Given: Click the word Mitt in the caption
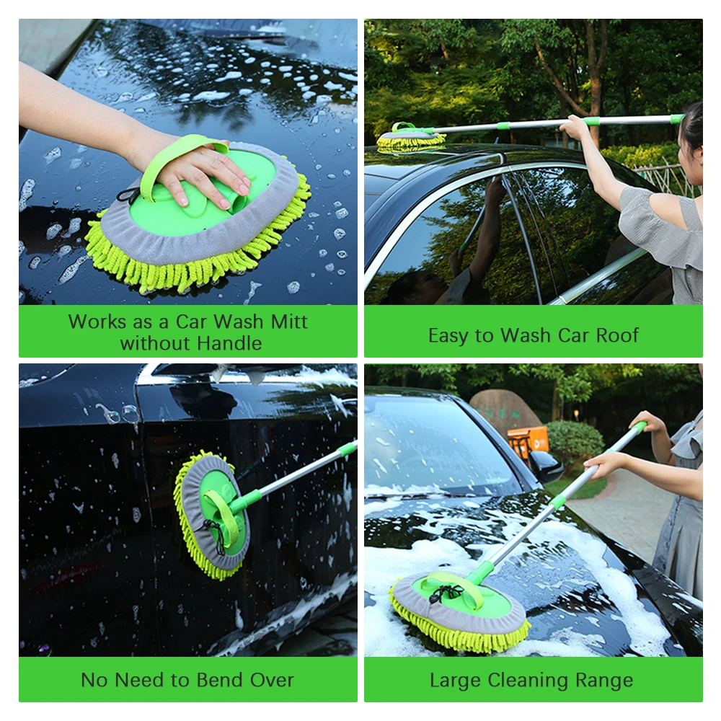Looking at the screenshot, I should coord(288,322).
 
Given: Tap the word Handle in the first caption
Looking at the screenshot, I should coord(229,343).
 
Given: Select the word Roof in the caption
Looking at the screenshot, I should coord(616,335).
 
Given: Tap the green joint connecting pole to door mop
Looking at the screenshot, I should coord(247,500).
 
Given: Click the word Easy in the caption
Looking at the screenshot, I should coord(451,335).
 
